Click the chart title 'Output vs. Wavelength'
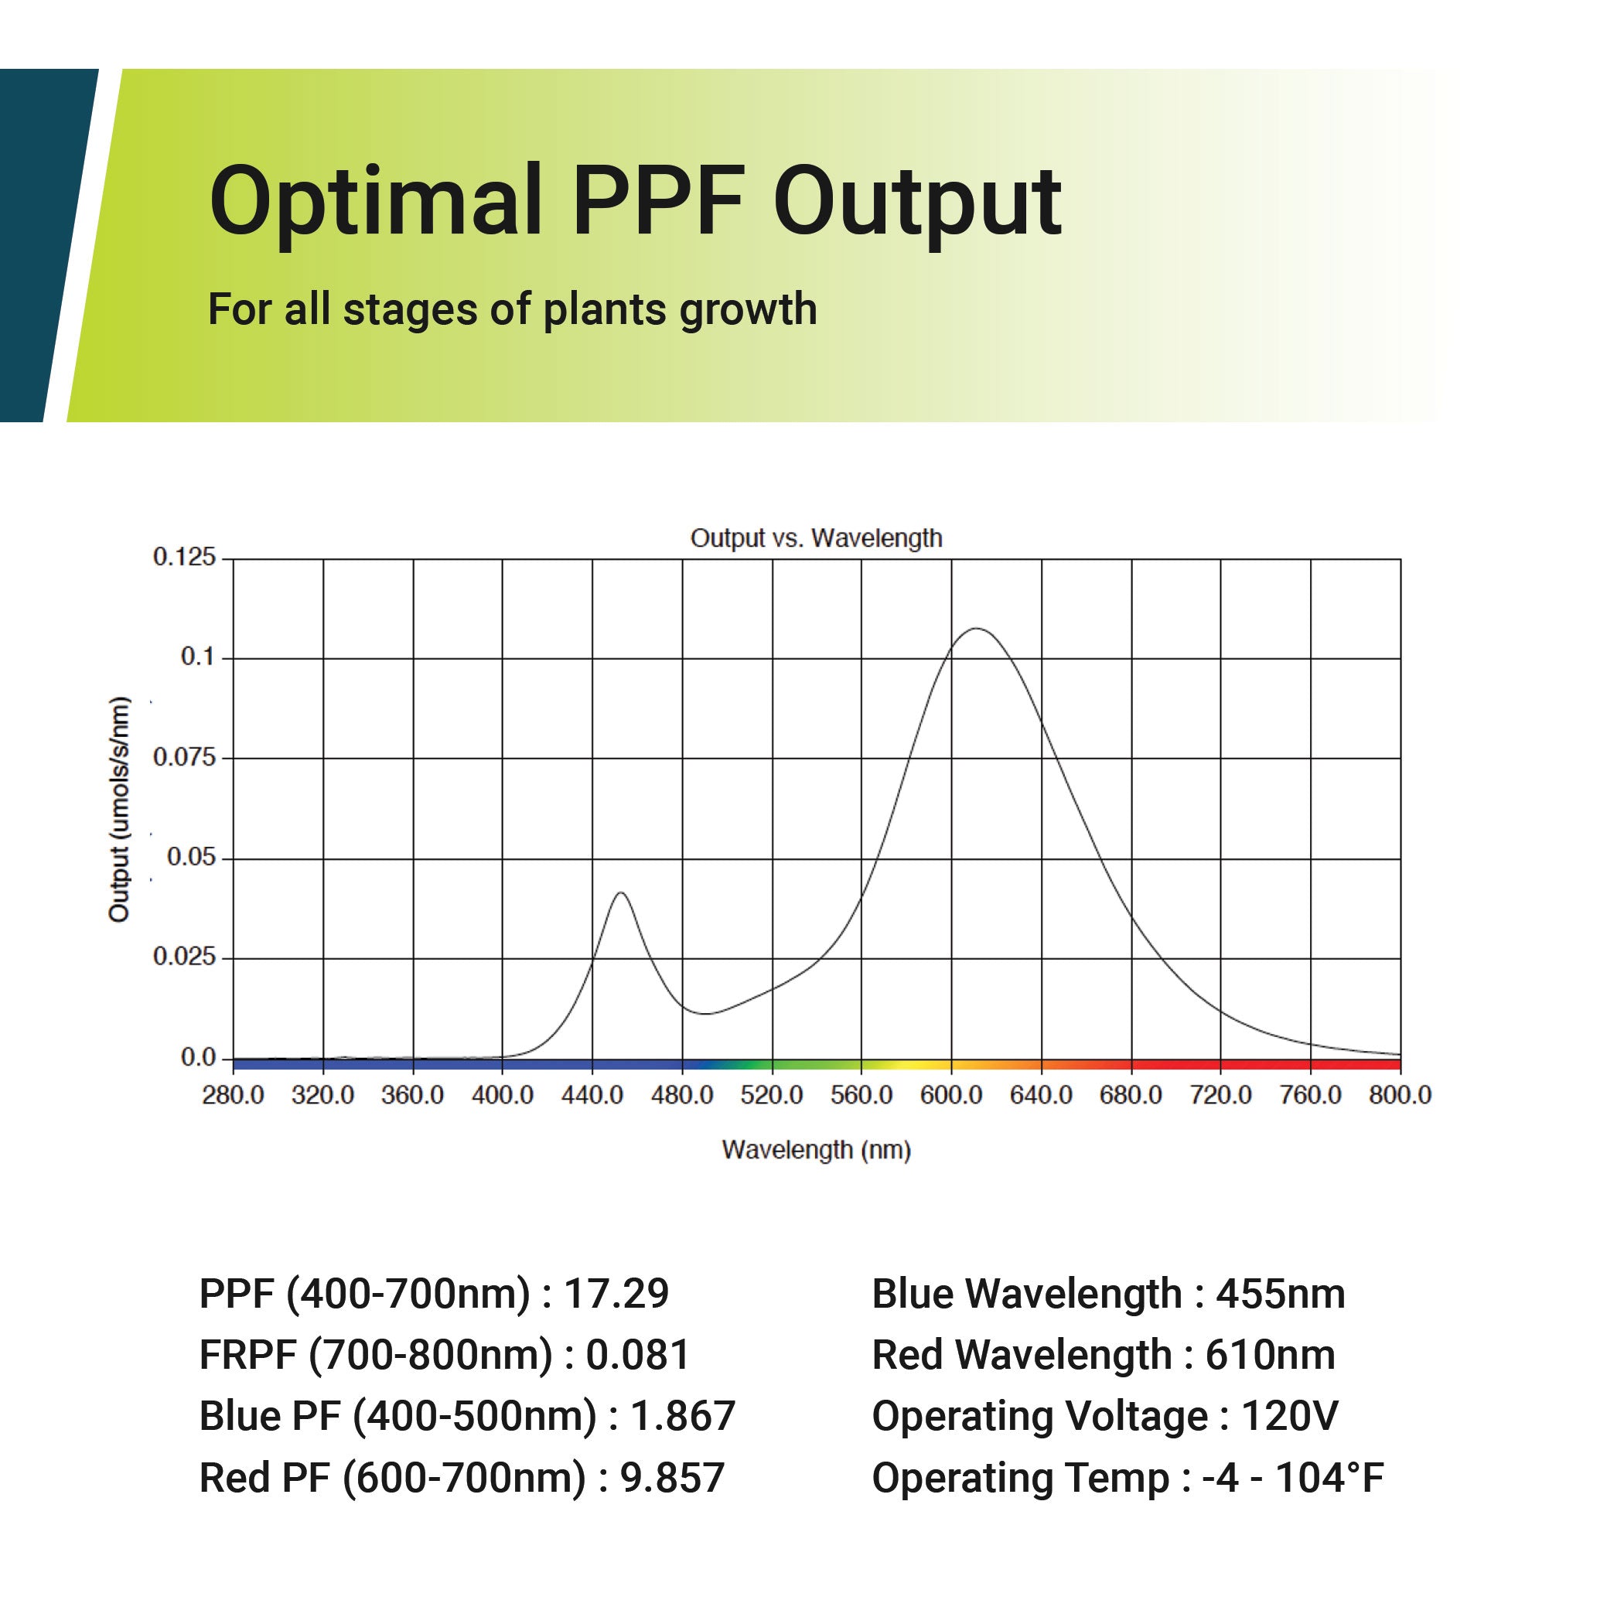[x=815, y=538]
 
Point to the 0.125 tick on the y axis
[x=184, y=558]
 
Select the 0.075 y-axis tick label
[x=184, y=758]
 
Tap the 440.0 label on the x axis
[x=592, y=1095]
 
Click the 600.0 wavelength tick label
[x=950, y=1095]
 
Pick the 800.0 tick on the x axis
[x=1400, y=1095]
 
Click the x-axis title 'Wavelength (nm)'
[x=815, y=1150]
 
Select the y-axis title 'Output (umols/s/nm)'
[x=120, y=810]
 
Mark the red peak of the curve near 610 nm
[x=976, y=629]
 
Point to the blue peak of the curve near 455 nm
[x=621, y=892]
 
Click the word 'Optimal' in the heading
[x=375, y=202]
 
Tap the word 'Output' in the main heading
[x=916, y=202]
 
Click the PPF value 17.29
[x=616, y=1294]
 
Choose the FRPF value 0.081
[x=638, y=1355]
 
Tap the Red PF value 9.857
[x=671, y=1478]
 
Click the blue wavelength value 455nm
[x=1280, y=1294]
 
